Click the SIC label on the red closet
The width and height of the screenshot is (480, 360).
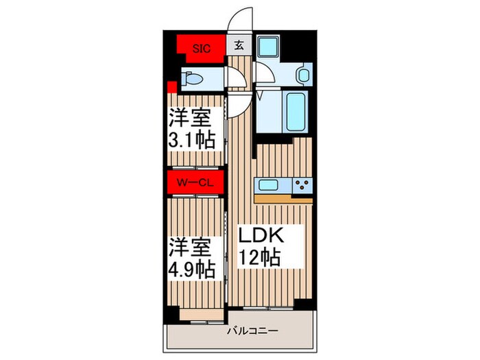pyautogui.click(x=201, y=47)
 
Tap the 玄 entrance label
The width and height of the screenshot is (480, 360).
pyautogui.click(x=239, y=47)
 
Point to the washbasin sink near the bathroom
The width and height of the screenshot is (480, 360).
pyautogui.click(x=302, y=74)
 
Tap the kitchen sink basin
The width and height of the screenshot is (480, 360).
pyautogui.click(x=269, y=184)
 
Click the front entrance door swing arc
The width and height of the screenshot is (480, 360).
pyautogui.click(x=240, y=19)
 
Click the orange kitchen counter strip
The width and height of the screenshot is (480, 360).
pyautogui.click(x=283, y=198)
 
